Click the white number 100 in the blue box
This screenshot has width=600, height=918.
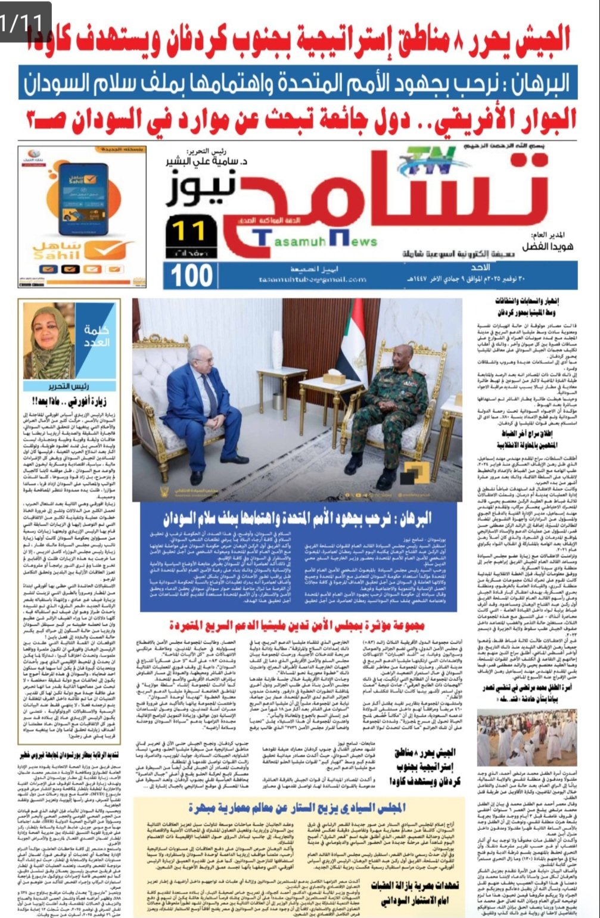[x=192, y=275]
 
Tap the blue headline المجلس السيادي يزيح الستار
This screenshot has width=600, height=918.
[x=296, y=808]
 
